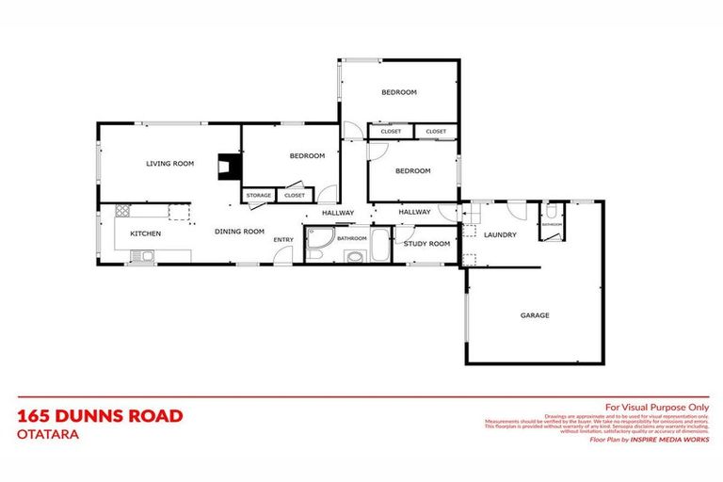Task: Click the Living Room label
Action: [x=169, y=164]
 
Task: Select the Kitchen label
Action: [x=146, y=233]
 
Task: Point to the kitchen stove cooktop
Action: [x=122, y=212]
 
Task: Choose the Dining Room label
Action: [x=239, y=231]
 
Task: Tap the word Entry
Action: [x=283, y=239]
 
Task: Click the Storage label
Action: [x=259, y=195]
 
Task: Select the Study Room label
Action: [x=426, y=243]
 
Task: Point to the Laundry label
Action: [x=500, y=234]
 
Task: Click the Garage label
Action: [x=535, y=315]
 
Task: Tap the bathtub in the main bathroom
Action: [x=379, y=244]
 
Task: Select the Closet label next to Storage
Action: [x=295, y=195]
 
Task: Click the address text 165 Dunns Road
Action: [x=100, y=415]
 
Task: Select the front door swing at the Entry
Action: [x=282, y=256]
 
